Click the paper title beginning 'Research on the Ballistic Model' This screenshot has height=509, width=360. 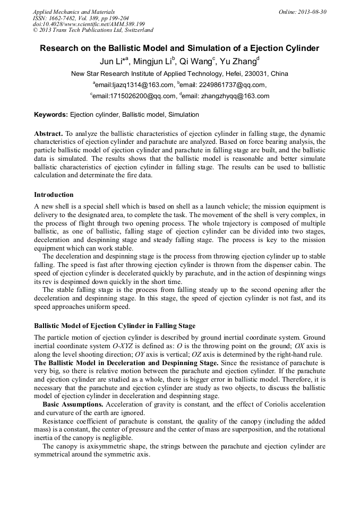[x=179, y=48]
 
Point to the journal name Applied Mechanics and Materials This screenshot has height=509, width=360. [x=74, y=12]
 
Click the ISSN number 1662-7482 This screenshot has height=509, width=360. [x=65, y=18]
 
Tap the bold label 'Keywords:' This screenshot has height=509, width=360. [x=51, y=114]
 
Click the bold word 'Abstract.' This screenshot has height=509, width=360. [x=48, y=134]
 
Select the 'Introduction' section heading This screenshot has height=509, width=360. [x=54, y=195]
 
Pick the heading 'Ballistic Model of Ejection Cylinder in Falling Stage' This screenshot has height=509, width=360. [x=115, y=326]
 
